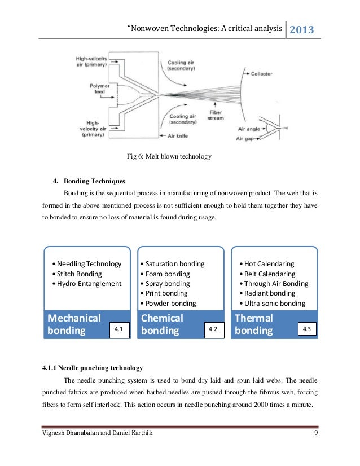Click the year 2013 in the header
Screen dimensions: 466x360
click(302, 29)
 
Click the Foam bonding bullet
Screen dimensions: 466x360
click(168, 274)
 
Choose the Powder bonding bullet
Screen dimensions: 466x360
click(170, 303)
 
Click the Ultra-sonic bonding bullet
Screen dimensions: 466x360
click(272, 303)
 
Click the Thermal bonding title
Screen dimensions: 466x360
click(254, 324)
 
